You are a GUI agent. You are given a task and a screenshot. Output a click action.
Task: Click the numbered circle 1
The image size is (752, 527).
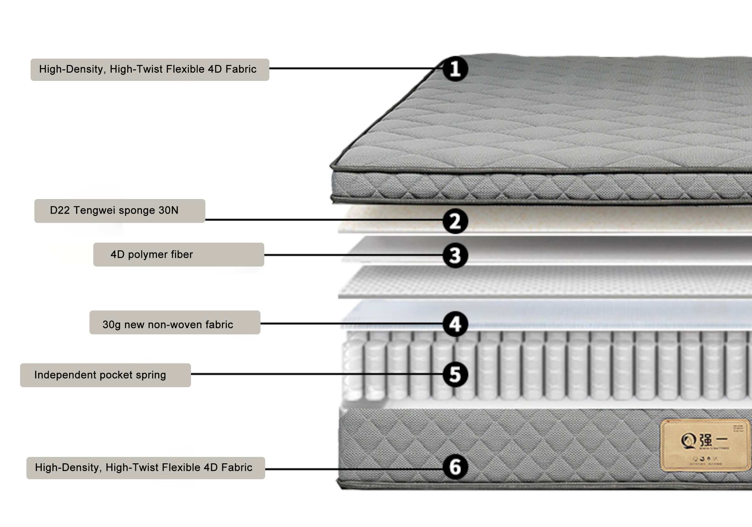[455, 69]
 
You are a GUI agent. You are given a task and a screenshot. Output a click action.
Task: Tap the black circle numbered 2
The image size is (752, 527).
[455, 221]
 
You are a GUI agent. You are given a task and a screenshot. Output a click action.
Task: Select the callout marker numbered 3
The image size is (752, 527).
[455, 255]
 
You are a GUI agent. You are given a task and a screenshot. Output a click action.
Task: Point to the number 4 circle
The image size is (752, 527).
[455, 324]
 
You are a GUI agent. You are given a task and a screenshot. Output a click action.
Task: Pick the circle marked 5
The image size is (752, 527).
[455, 374]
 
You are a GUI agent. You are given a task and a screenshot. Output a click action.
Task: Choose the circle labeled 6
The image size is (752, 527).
[455, 467]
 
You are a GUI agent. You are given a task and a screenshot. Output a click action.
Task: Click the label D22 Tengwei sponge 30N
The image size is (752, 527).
[119, 210]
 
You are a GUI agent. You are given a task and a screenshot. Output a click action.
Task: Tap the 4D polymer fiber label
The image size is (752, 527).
[179, 254]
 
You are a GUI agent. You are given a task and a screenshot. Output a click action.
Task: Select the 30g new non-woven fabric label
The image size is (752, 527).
[174, 322]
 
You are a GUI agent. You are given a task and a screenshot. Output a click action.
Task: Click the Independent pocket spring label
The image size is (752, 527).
[105, 375]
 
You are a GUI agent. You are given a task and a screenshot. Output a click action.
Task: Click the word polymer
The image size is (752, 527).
[148, 254]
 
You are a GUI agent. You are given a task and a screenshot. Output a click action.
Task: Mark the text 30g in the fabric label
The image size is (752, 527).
[112, 324]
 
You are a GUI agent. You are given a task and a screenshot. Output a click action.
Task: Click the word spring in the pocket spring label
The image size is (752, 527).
[151, 375]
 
